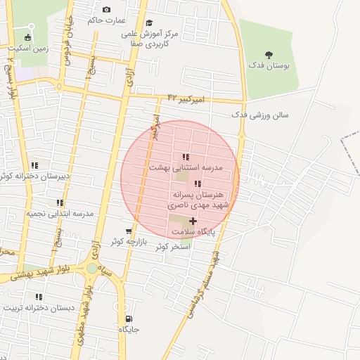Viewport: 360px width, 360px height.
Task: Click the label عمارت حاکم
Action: [105, 20]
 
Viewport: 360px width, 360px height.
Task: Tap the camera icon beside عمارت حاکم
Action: [106, 9]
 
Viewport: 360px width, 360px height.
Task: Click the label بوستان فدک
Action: [271, 65]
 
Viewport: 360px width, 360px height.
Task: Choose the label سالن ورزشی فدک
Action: [260, 115]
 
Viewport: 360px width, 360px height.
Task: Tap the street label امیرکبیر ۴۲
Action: [186, 99]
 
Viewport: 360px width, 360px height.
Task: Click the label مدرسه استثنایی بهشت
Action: [186, 169]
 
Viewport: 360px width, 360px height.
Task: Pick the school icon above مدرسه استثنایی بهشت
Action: [186, 157]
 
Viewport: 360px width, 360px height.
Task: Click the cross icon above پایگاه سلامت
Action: [193, 221]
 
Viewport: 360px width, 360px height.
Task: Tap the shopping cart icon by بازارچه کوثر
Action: [129, 231]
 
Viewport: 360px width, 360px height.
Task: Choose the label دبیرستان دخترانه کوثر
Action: [35, 176]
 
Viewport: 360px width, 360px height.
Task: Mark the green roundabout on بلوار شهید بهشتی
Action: [92, 268]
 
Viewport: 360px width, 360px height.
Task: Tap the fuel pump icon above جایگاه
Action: [127, 318]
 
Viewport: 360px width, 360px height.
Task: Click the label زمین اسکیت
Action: [28, 49]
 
